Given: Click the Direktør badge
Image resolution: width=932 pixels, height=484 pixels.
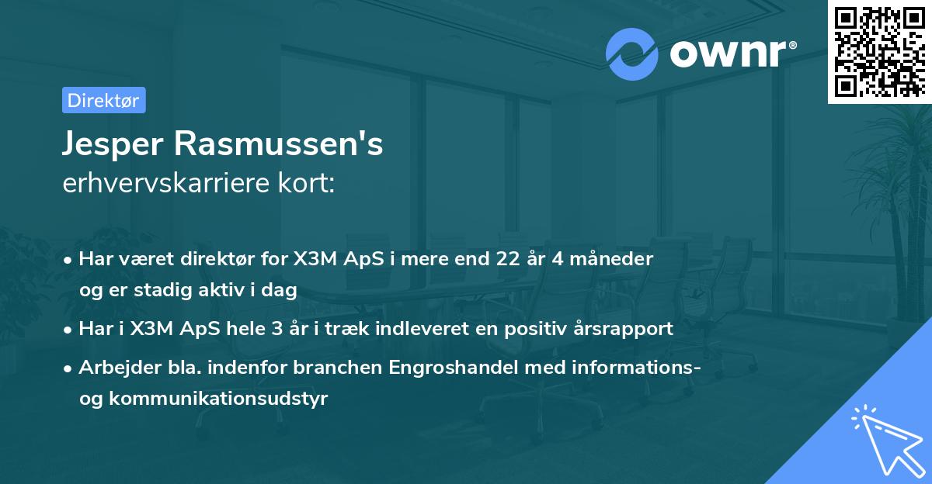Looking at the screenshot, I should (x=103, y=100).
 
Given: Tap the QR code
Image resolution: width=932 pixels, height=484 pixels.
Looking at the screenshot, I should (x=880, y=51).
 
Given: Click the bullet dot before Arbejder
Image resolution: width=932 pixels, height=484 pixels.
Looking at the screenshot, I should (x=69, y=368).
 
